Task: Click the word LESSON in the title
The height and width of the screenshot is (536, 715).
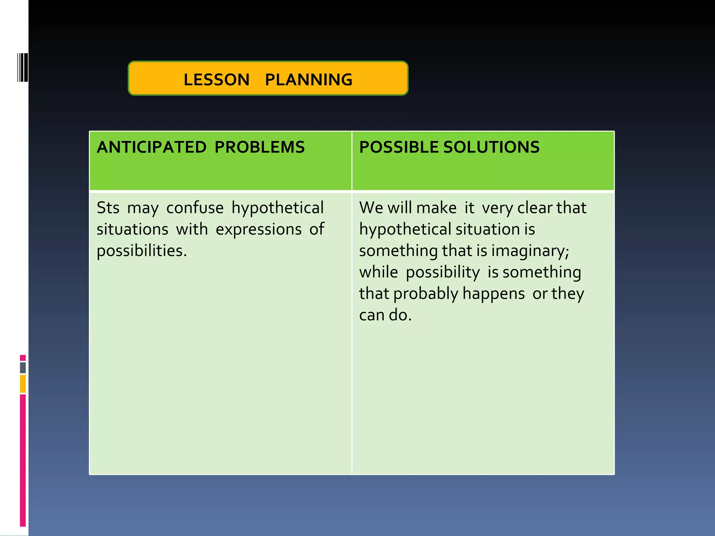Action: click(216, 80)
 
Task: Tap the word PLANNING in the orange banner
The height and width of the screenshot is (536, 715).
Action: click(309, 80)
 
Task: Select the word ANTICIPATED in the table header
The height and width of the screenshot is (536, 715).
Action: click(152, 147)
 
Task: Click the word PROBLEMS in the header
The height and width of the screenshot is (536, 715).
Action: click(259, 147)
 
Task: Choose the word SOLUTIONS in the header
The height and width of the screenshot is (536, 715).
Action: click(491, 147)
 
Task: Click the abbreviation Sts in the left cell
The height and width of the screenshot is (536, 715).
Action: click(108, 208)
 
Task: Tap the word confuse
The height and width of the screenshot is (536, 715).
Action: click(195, 208)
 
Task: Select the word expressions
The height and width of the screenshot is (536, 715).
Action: click(259, 230)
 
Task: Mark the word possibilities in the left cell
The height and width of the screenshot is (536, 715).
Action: click(142, 251)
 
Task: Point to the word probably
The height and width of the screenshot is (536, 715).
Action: click(426, 294)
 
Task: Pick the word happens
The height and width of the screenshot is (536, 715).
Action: click(493, 294)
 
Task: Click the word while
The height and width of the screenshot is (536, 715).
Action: click(378, 272)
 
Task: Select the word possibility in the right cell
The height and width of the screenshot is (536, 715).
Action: click(443, 272)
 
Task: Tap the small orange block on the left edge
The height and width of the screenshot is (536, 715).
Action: click(23, 384)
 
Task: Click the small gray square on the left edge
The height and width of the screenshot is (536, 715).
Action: click(23, 368)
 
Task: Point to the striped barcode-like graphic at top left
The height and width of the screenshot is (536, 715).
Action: click(22, 67)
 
